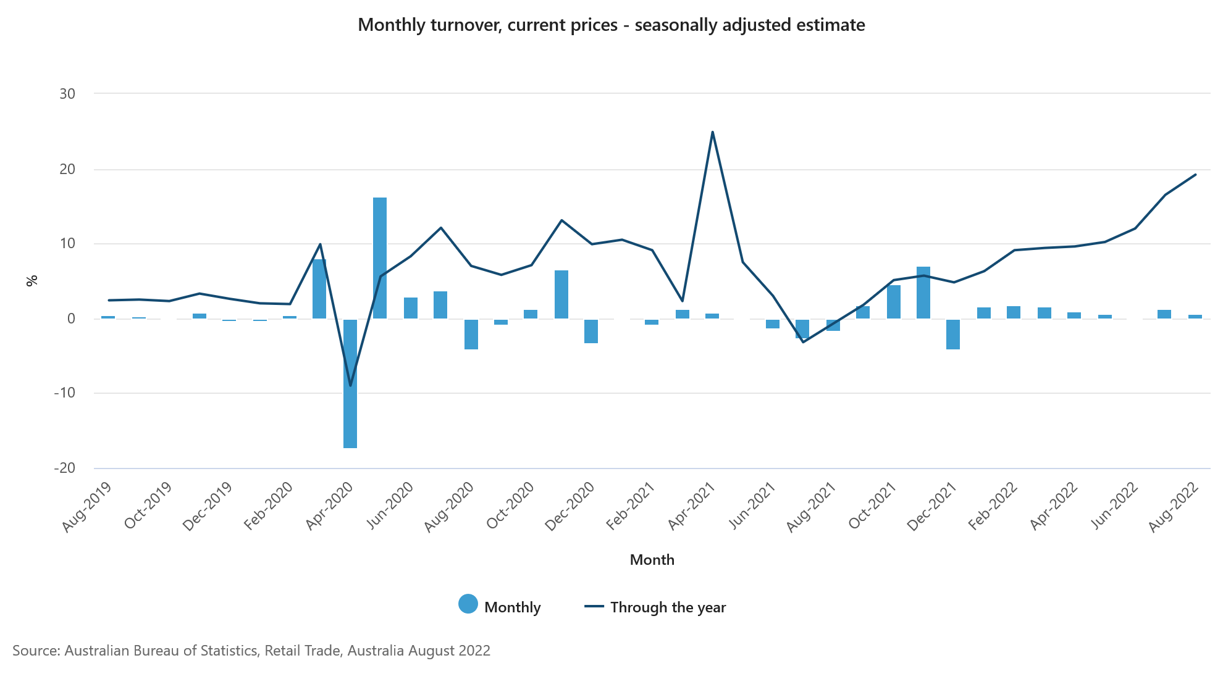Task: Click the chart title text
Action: [x=611, y=25]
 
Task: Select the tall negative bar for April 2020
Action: [x=350, y=383]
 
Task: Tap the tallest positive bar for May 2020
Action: [x=380, y=258]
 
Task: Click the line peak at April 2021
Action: [x=712, y=132]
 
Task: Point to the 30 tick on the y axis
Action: [x=67, y=94]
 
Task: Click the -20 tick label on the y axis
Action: [x=65, y=468]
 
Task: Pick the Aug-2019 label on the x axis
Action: [x=87, y=507]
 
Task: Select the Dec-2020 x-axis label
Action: [x=570, y=507]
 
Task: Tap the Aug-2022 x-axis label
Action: [x=1174, y=507]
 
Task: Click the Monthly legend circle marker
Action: [x=468, y=604]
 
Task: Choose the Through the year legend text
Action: [x=668, y=607]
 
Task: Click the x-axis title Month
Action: [x=652, y=560]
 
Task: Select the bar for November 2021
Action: [x=923, y=293]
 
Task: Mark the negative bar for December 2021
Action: [x=953, y=334]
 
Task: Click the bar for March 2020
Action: [x=319, y=289]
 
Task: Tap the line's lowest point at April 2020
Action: [x=350, y=386]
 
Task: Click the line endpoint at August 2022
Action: [x=1195, y=175]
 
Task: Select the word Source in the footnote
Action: [x=35, y=651]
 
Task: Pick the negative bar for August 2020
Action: [x=471, y=334]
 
